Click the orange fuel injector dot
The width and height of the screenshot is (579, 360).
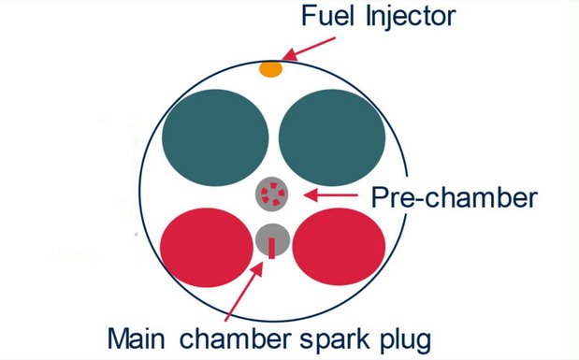pos(270,69)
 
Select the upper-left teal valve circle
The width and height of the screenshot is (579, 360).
pos(215,137)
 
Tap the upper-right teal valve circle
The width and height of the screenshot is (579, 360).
pos(332,137)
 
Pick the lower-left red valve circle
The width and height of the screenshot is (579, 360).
pos(207,248)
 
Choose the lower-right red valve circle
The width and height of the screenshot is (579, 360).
pos(339,247)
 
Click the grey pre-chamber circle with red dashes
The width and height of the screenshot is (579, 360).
pos(272,194)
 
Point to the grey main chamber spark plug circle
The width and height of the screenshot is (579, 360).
pos(272,240)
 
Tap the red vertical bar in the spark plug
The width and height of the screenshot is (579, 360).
pos(272,248)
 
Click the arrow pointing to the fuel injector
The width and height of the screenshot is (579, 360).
pos(309,49)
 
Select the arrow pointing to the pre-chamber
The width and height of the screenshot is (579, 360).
pos(330,194)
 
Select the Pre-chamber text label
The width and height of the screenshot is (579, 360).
pos(454,198)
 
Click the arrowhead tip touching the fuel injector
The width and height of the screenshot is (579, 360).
pos(282,60)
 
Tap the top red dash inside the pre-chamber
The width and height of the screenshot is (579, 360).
pos(273,185)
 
